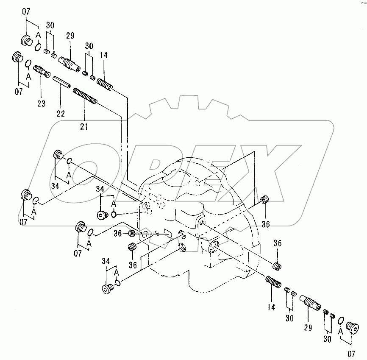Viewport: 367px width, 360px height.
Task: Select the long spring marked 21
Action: [x=85, y=95]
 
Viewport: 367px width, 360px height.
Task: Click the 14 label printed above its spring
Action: [x=104, y=55]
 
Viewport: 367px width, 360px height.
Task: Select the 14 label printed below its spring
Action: [x=271, y=307]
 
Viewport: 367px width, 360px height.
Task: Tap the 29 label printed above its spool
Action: [x=70, y=36]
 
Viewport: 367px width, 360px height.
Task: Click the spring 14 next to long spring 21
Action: [x=104, y=83]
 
